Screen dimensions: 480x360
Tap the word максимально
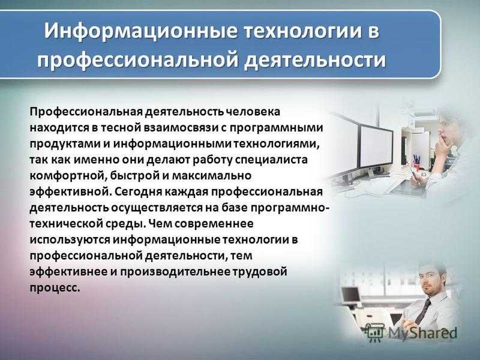(x=212, y=176)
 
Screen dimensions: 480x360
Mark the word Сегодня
(x=139, y=192)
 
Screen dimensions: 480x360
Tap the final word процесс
(x=55, y=288)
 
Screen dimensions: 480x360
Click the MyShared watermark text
(x=422, y=333)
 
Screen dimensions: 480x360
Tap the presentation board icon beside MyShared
(x=376, y=333)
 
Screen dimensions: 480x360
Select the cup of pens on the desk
(x=417, y=164)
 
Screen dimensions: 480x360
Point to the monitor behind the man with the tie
(x=350, y=295)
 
